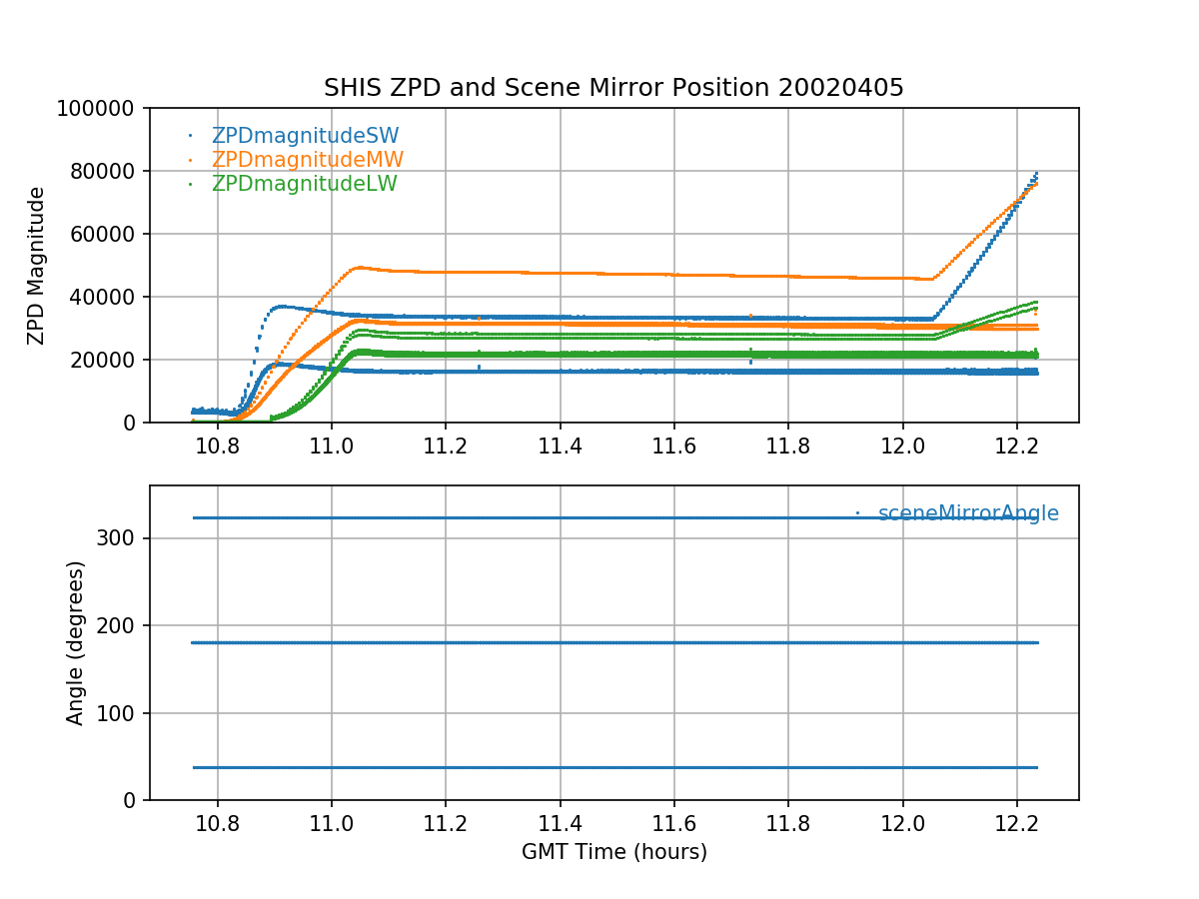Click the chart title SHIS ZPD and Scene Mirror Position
click(x=613, y=88)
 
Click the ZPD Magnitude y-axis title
click(x=37, y=265)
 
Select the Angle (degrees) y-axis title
click(x=76, y=642)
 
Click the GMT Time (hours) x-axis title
click(x=613, y=852)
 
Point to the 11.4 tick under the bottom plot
click(x=560, y=825)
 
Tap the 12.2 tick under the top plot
click(x=1017, y=448)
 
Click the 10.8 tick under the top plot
click(x=217, y=448)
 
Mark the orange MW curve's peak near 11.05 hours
click(x=359, y=268)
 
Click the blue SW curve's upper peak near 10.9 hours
click(x=281, y=306)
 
